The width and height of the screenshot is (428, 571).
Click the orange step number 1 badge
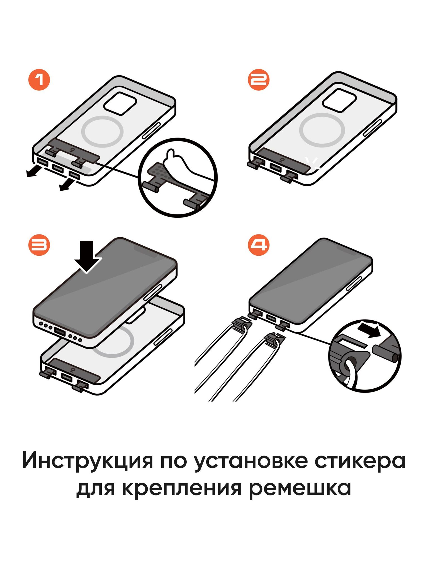click(x=39, y=80)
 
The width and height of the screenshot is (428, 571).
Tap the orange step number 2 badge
click(x=259, y=80)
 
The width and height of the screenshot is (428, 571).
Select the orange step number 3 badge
click(x=39, y=245)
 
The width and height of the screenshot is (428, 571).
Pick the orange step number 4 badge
click(x=259, y=245)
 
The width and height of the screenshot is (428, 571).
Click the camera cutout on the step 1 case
click(x=120, y=103)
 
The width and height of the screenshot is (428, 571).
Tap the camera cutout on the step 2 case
click(x=339, y=101)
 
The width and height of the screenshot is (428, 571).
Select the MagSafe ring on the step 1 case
click(x=102, y=131)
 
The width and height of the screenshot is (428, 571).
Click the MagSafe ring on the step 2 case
click(x=322, y=130)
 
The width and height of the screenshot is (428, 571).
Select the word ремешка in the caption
click(x=300, y=488)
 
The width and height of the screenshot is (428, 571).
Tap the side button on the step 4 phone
click(x=354, y=284)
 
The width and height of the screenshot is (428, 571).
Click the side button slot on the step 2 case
click(x=372, y=128)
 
